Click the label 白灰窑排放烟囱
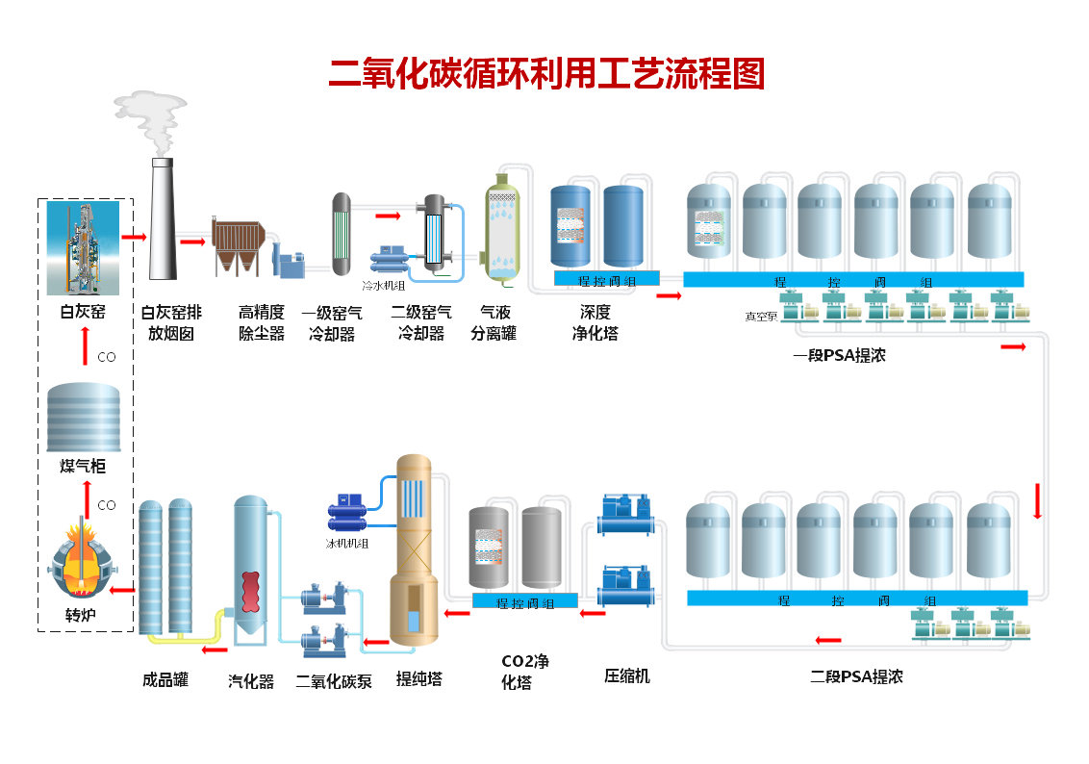click(171, 323)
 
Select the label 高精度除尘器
click(262, 323)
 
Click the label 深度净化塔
click(595, 323)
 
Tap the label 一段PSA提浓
click(839, 355)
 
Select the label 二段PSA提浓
click(856, 676)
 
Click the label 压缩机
click(626, 676)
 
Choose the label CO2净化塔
click(525, 672)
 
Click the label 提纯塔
click(419, 679)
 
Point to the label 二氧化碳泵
click(334, 681)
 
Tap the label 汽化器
click(251, 681)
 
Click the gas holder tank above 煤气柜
click(85, 418)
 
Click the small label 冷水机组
click(383, 286)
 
